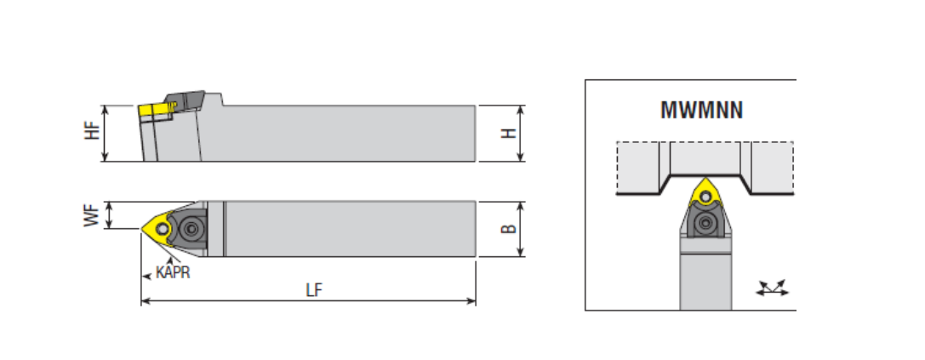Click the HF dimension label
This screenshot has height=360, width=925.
point(94,133)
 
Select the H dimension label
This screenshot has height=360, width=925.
point(508,134)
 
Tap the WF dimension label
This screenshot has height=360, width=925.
point(94,214)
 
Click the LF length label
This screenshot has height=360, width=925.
point(314,289)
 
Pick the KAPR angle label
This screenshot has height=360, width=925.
point(173,273)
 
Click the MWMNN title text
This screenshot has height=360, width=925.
point(702,111)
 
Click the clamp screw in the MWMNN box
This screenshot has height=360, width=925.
point(705,225)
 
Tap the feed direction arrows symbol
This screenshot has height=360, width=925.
point(773,289)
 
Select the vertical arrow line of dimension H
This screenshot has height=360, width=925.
point(522,134)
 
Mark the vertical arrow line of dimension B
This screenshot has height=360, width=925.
point(522,228)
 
